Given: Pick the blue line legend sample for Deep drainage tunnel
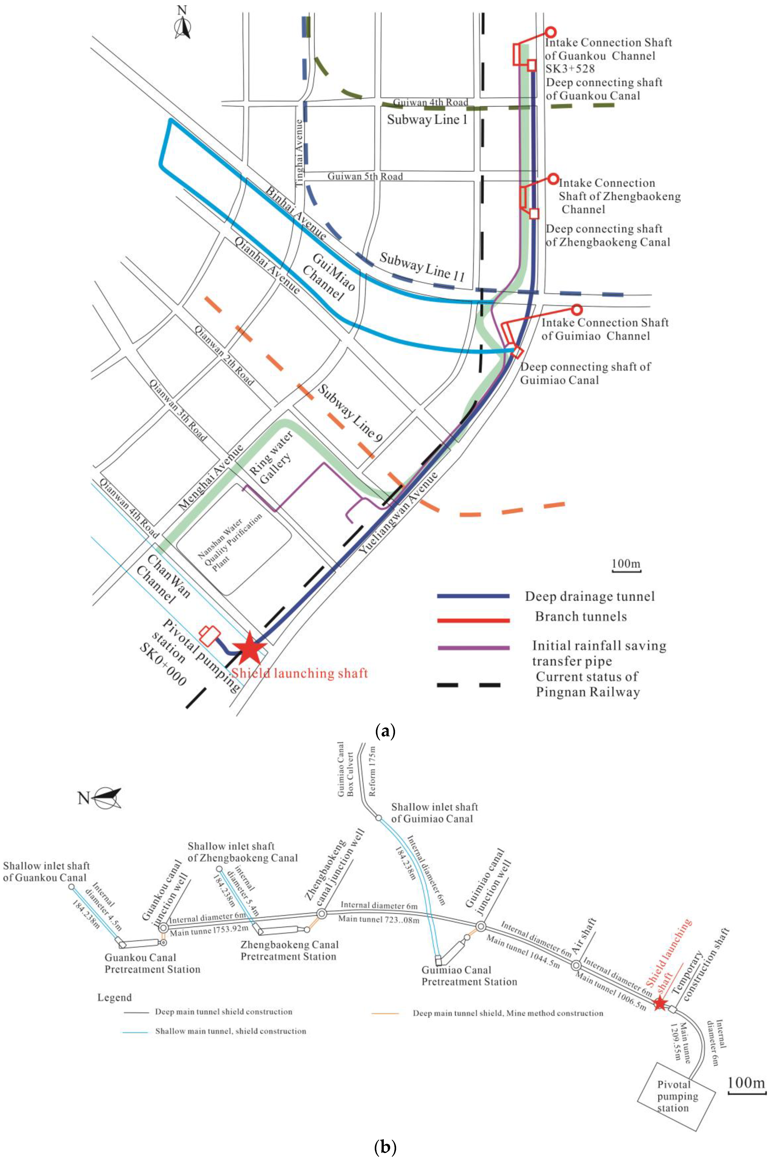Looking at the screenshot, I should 473,596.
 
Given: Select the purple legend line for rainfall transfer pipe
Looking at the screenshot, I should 473,648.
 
